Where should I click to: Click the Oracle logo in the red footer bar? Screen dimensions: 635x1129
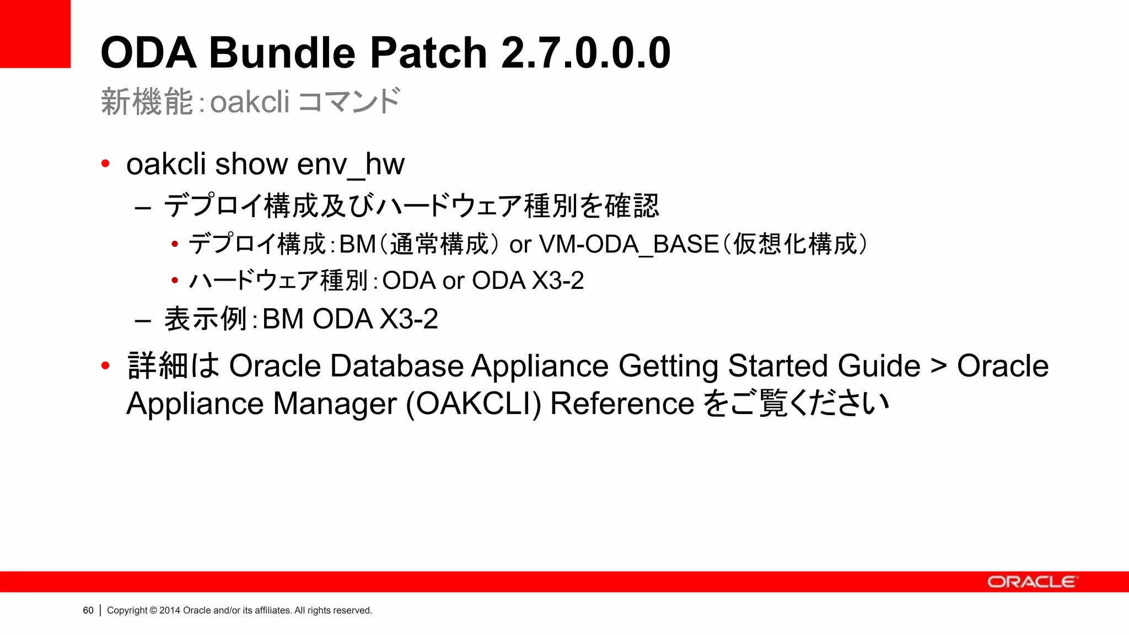click(1031, 582)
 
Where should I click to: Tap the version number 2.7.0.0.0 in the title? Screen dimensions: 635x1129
click(585, 53)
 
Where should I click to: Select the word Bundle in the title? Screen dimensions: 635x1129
click(282, 53)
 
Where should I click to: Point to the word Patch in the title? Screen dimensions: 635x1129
click(428, 53)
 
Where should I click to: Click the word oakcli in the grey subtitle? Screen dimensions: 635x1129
click(250, 102)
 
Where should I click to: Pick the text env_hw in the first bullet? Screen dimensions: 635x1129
click(351, 164)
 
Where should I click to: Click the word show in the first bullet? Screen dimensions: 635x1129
click(251, 164)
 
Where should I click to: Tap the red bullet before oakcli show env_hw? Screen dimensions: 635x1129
click(105, 164)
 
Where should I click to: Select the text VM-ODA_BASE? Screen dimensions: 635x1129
click(629, 244)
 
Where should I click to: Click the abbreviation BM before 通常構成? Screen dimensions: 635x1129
click(357, 244)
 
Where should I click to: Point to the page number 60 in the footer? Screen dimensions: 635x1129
click(88, 610)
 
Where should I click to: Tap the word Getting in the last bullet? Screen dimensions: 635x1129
click(668, 366)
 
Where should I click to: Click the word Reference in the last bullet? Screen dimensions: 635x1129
click(622, 403)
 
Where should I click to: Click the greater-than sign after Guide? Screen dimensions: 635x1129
click(938, 366)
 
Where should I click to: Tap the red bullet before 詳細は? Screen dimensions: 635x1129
click(105, 365)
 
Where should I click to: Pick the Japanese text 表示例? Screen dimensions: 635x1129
click(205, 319)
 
